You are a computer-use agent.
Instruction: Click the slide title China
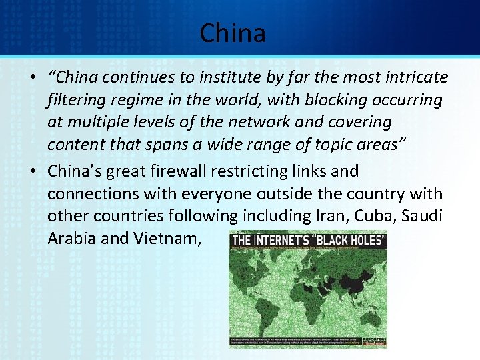(233, 33)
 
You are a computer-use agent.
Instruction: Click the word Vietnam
(168, 239)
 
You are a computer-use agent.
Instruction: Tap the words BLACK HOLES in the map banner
(351, 241)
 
